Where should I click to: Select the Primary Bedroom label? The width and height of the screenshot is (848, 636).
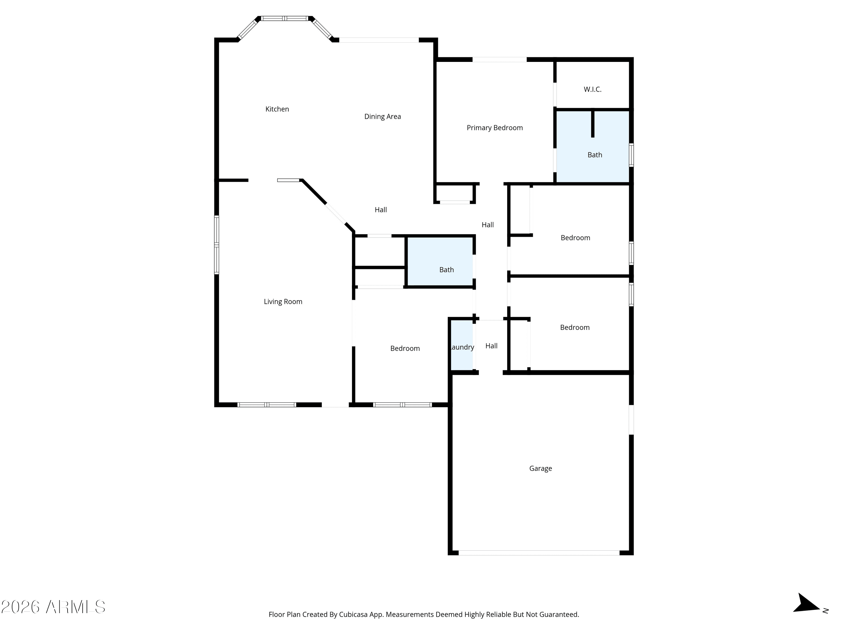point(495,128)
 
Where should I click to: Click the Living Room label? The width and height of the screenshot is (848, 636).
point(283,302)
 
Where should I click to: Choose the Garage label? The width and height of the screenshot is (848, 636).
point(540,468)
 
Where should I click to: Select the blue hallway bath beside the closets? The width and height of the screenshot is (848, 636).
point(440,261)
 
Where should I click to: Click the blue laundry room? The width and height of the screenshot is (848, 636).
point(462,345)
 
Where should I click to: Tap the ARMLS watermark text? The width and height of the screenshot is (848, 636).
point(53,607)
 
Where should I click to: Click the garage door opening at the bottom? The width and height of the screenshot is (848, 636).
point(539,553)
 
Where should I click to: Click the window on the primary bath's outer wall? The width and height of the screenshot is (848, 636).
point(631,155)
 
